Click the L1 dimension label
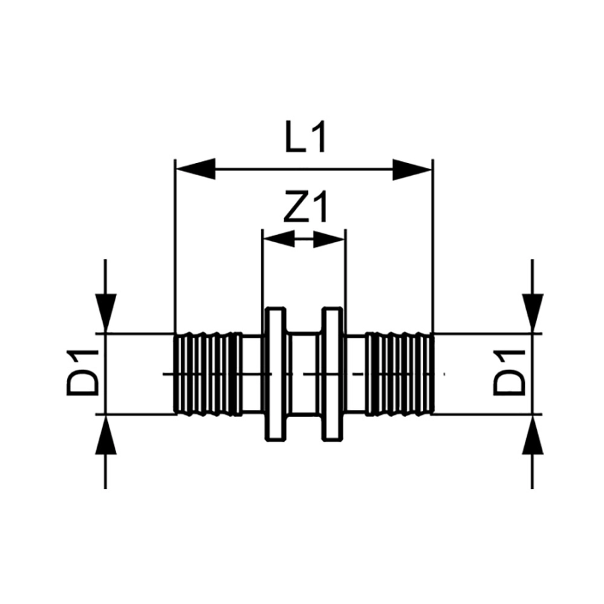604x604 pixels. pos(303,139)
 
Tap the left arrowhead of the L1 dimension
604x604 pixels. pos(195,169)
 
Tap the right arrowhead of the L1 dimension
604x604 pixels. pos(412,169)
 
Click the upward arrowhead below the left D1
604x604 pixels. pos(105,434)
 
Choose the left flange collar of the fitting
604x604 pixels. pos(275,374)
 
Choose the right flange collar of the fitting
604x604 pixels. pos(333,374)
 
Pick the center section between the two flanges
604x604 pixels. pos(304,374)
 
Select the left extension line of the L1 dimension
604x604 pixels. pos(174,255)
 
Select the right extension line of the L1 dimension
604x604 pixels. pos(433,255)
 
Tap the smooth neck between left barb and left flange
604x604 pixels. pos(252,374)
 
